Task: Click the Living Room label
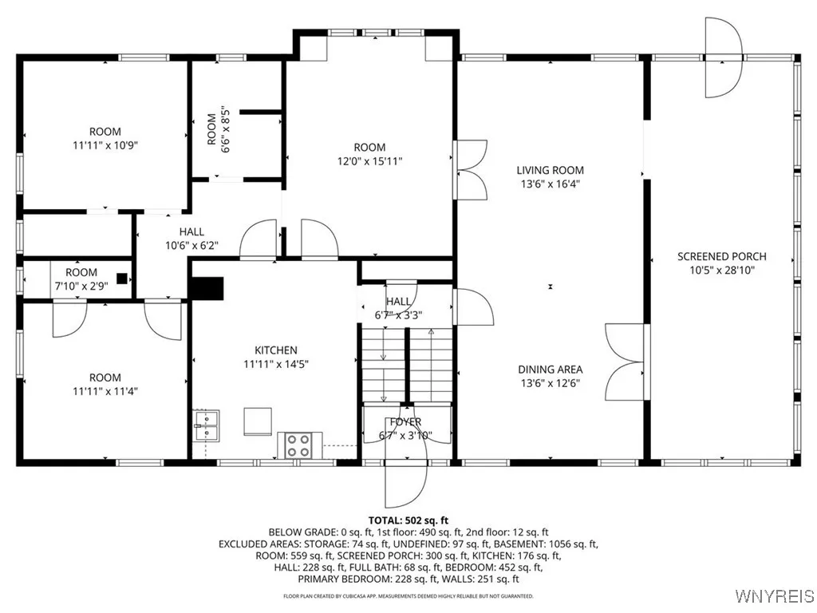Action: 550,170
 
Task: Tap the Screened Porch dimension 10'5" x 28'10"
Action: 721,270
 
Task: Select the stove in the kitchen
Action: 299,445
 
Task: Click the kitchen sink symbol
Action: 206,425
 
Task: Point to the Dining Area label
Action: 550,369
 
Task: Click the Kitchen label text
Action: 276,350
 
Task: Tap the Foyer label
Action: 405,421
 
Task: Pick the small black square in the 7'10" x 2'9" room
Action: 121,279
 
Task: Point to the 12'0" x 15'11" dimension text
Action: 369,160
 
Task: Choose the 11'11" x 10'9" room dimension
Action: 105,145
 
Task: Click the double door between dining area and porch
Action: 626,362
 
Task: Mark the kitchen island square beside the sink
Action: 257,421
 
